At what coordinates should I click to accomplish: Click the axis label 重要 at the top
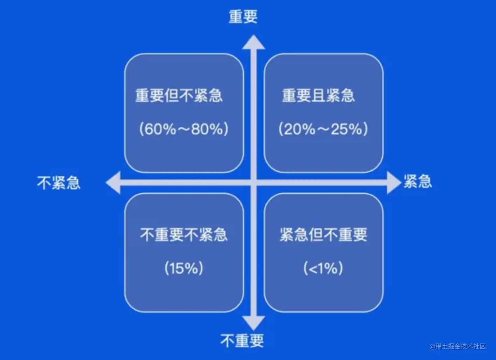click(243, 16)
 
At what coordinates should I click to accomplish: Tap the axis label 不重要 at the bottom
click(242, 340)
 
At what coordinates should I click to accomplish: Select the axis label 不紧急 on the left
click(59, 183)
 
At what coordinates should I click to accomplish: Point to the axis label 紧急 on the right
click(418, 182)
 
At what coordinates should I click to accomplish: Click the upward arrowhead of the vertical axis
click(254, 42)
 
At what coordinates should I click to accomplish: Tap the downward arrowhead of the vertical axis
click(254, 323)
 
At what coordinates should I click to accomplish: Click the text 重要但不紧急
click(179, 96)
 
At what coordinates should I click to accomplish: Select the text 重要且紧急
click(318, 96)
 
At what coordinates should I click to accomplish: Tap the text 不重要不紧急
click(184, 235)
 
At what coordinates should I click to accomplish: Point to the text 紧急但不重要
click(323, 235)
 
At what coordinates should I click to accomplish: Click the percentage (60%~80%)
click(184, 129)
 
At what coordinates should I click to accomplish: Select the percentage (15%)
click(184, 268)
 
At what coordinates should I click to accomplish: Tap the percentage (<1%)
click(323, 268)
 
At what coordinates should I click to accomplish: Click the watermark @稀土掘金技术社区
click(458, 346)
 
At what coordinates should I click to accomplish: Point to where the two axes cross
click(254, 182)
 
